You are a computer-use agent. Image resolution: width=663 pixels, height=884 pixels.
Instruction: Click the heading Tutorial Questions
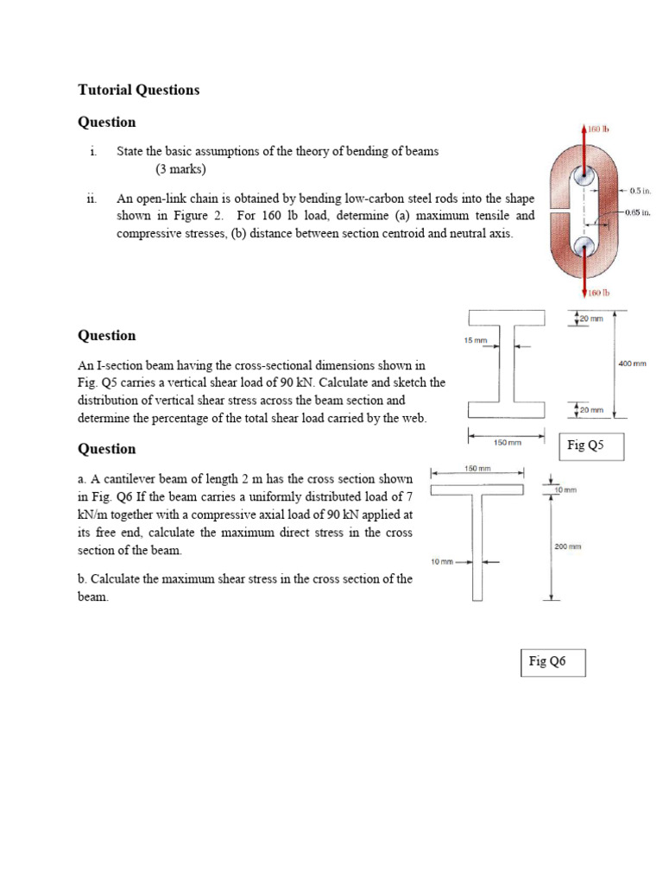coord(138,90)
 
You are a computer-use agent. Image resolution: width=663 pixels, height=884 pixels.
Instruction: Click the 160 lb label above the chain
coord(598,129)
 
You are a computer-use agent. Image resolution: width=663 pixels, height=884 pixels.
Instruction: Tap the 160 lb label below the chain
coord(598,293)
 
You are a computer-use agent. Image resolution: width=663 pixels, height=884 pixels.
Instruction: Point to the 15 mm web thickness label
coord(475,340)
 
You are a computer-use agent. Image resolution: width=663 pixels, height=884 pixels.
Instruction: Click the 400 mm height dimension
coord(632,364)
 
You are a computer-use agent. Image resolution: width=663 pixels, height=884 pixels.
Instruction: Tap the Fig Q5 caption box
coord(590,446)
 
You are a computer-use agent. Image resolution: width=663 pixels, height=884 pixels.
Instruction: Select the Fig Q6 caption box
coord(553,662)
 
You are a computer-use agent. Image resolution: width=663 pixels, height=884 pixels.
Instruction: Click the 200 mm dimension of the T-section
coord(568,546)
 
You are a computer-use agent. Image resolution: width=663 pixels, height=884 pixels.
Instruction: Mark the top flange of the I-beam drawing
coord(507,317)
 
